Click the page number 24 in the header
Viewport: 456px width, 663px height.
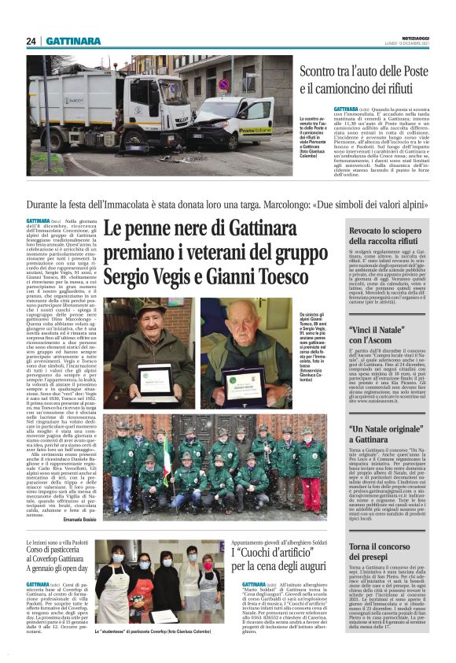31,41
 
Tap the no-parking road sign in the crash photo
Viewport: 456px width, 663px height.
222,85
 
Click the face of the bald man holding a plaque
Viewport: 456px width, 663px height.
245,323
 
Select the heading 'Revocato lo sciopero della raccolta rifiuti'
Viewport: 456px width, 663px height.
389,235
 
